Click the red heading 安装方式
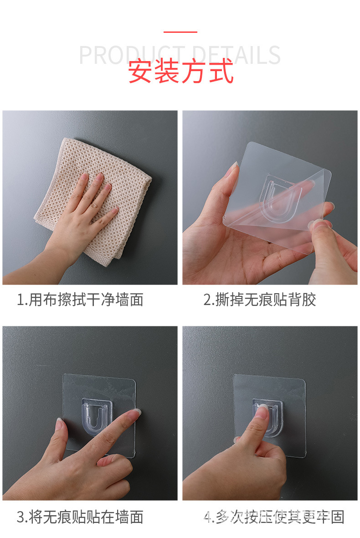(180, 72)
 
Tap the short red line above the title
(180, 32)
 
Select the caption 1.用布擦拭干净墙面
(80, 300)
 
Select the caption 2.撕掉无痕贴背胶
(259, 300)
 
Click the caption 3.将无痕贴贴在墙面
(80, 517)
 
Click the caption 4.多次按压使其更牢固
(273, 517)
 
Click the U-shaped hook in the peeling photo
(280, 201)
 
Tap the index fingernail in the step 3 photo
(135, 414)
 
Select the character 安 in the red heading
(140, 72)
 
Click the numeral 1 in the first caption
(20, 300)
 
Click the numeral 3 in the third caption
(21, 517)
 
